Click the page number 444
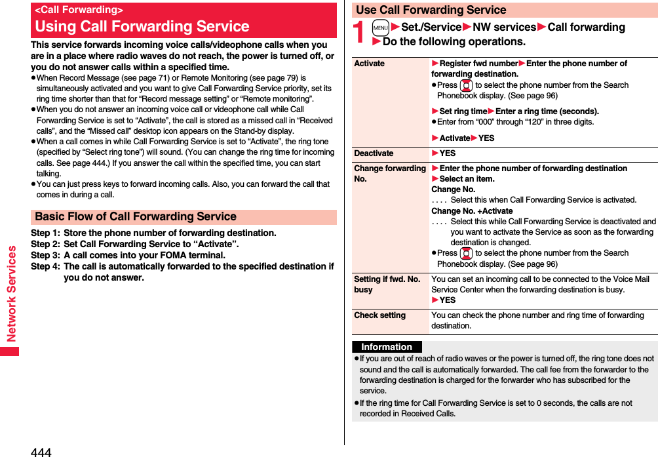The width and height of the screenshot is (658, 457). point(41,452)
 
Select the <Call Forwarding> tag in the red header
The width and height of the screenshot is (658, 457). point(79,10)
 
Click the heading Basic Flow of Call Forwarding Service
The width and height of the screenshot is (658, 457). point(136,216)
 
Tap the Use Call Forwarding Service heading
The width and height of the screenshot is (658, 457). point(431,10)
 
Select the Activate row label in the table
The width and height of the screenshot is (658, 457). point(369,64)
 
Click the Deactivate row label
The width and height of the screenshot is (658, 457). point(374,153)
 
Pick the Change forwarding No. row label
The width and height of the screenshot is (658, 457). point(390,173)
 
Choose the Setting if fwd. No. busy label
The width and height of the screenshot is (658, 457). point(387,284)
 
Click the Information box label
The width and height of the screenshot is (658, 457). point(387,347)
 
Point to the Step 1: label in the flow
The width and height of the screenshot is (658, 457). point(45,233)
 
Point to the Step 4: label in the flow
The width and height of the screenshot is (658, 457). point(45,266)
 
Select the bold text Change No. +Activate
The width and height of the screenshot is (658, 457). point(472,210)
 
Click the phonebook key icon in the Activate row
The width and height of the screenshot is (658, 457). point(466,85)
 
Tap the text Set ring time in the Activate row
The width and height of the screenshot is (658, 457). point(463,111)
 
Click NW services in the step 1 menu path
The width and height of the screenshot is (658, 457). point(505,27)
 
